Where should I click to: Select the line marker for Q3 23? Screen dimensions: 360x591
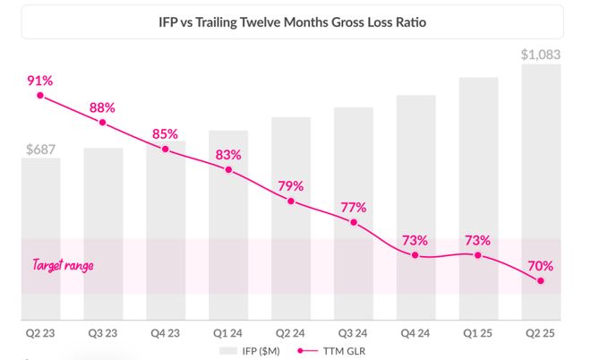103,123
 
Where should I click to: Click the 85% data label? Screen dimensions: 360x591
165,135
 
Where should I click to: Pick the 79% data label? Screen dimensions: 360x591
291,186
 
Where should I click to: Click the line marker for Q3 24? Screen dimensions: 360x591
354,222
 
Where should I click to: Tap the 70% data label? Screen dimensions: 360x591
540,266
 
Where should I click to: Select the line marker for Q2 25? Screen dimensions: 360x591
541,281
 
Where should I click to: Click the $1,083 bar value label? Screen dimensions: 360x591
540,55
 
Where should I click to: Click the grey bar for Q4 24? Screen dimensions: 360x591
415,207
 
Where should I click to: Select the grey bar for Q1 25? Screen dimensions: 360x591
478,198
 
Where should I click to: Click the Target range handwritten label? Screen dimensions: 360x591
63,266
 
